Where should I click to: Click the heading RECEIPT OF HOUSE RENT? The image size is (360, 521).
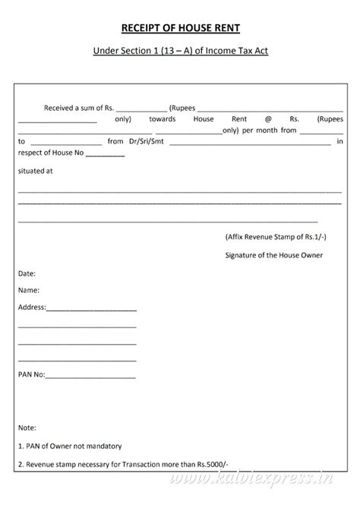180,28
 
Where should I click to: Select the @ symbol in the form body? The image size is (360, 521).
268,118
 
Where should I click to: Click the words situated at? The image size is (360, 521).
35,171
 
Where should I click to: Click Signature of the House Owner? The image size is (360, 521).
274,255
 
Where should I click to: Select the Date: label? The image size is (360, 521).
27,273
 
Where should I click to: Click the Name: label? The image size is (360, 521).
29,290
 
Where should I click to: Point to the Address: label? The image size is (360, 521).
32,308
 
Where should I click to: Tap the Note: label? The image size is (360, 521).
27,428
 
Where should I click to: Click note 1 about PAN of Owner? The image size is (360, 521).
69,446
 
